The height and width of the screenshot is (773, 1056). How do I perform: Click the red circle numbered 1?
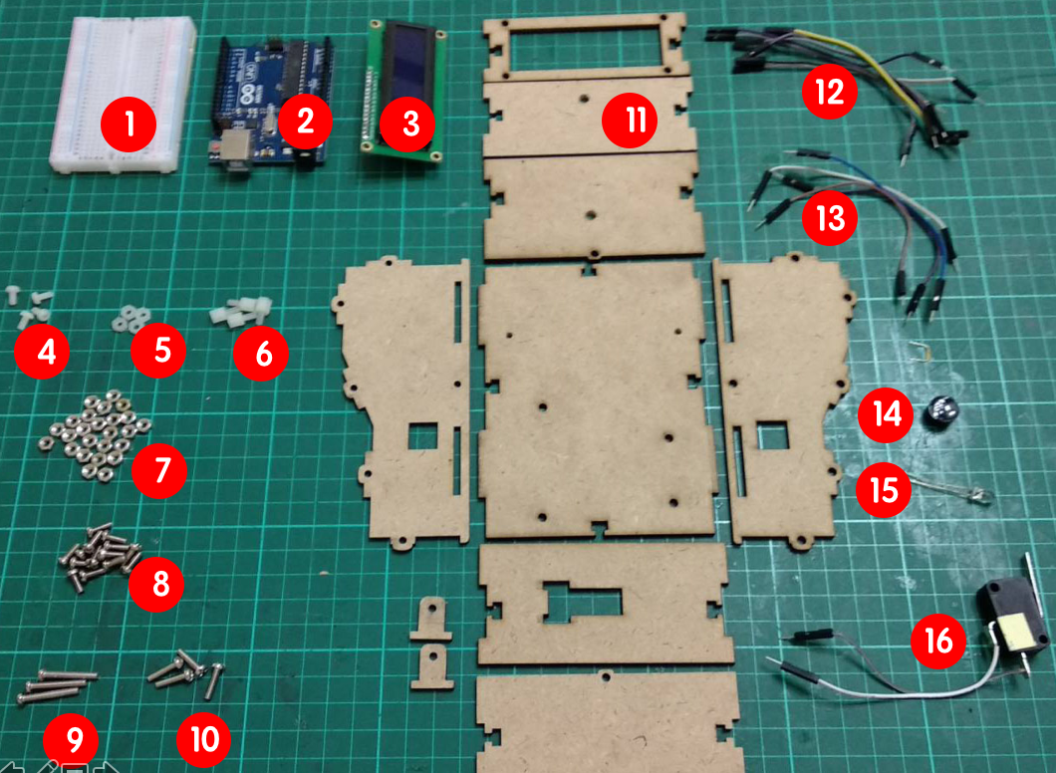(x=129, y=124)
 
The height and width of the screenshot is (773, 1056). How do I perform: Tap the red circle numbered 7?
(x=159, y=470)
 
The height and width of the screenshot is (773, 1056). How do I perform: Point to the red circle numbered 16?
(x=938, y=641)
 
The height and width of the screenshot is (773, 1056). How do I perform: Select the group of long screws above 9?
(x=57, y=685)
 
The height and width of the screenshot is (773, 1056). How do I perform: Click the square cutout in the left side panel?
(x=422, y=436)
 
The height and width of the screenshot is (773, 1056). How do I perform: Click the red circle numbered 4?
(x=43, y=351)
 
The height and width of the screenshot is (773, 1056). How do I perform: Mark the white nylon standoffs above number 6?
(x=240, y=312)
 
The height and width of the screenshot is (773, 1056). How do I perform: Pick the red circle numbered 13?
(x=829, y=218)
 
